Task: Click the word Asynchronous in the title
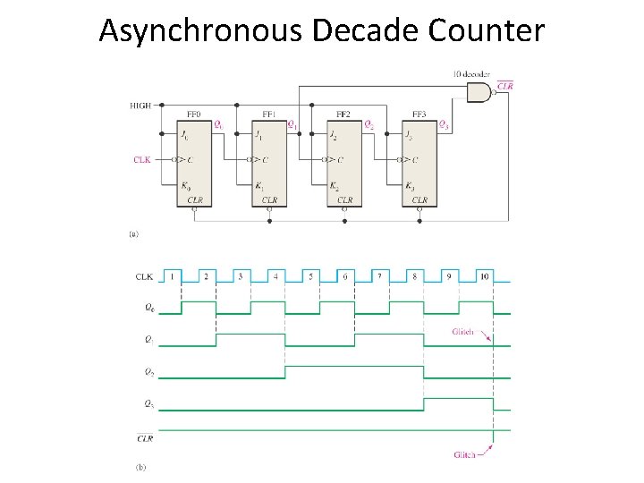click(202, 30)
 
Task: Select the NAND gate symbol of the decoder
click(480, 91)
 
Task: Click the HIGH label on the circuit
click(140, 106)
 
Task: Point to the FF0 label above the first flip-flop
click(193, 114)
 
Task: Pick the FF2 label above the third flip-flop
click(343, 114)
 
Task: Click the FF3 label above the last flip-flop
click(418, 114)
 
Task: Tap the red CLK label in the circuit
click(141, 160)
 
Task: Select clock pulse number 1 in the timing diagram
click(172, 276)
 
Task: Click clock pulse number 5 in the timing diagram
click(310, 276)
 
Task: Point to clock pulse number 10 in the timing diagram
click(484, 276)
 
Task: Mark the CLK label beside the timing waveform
click(143, 276)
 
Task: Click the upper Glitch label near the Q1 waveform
click(462, 333)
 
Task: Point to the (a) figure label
click(134, 234)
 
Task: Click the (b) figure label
click(140, 467)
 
